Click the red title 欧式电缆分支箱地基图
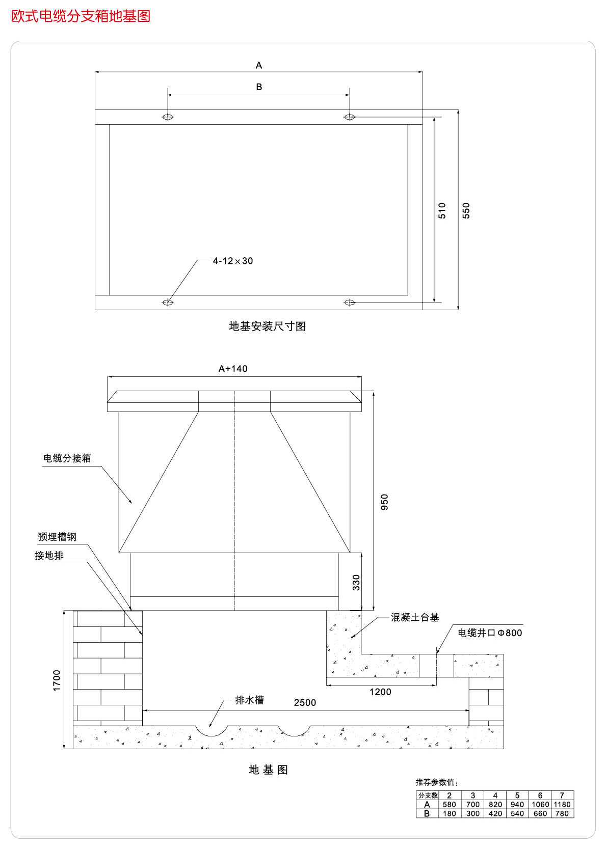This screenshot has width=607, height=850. (81, 16)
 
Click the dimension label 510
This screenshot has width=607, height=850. (442, 210)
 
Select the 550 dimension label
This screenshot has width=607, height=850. (466, 210)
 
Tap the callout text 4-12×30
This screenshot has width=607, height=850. (233, 261)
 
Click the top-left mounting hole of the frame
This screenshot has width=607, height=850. (168, 117)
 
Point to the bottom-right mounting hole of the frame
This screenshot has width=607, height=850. (350, 303)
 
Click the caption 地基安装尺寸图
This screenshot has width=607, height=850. (268, 326)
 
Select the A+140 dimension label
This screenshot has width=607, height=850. (233, 369)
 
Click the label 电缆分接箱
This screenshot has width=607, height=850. (67, 458)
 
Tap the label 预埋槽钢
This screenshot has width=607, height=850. (57, 537)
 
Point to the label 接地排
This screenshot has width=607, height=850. (49, 556)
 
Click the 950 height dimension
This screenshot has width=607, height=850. (384, 502)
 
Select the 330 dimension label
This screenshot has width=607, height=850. (356, 582)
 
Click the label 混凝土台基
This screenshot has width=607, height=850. (415, 617)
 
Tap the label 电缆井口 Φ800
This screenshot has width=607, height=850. (490, 633)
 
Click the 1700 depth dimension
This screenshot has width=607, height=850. (57, 680)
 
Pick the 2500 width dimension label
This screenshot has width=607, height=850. (305, 703)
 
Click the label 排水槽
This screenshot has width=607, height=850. (249, 700)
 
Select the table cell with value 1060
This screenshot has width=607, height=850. (540, 805)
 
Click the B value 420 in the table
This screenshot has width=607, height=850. (495, 813)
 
